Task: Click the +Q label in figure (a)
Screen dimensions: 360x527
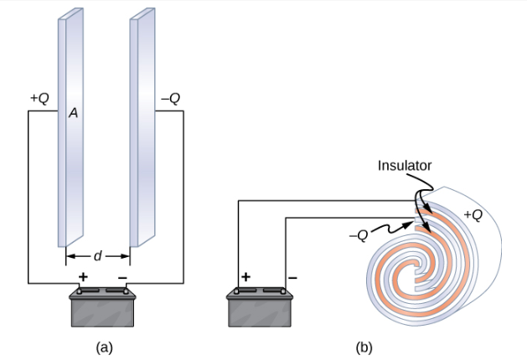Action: coord(39,98)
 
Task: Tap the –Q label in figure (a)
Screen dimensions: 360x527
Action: coord(170,98)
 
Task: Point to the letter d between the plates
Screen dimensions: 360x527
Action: coord(98,255)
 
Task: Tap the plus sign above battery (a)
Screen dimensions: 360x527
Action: coord(83,276)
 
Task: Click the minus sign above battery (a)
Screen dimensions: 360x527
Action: coord(122,276)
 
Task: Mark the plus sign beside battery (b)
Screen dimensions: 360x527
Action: coord(246,276)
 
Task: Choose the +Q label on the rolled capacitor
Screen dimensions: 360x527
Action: coord(473,214)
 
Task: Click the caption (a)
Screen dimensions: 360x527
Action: coord(104,345)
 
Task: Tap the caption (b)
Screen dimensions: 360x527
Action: coord(364,345)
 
